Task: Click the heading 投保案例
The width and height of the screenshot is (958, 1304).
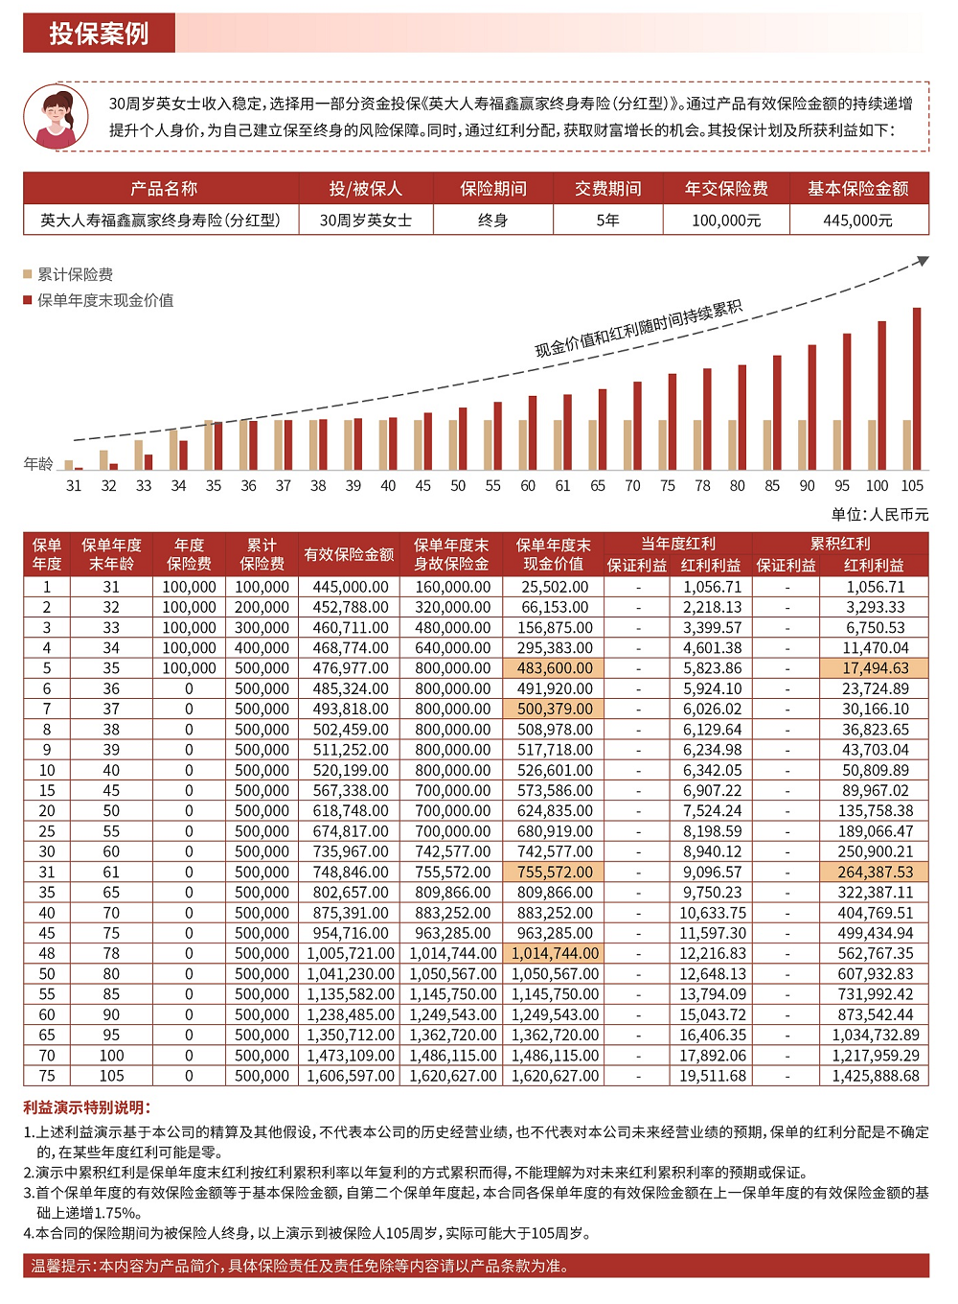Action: tap(99, 34)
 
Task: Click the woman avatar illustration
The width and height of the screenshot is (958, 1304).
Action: tap(56, 116)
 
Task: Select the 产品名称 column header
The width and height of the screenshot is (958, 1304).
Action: tap(163, 189)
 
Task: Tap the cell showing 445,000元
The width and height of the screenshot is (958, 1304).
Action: tap(857, 221)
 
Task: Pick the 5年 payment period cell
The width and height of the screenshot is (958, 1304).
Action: tap(607, 221)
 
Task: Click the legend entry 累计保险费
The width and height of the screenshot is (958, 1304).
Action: tap(75, 274)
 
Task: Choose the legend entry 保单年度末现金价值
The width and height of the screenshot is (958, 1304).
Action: tap(104, 300)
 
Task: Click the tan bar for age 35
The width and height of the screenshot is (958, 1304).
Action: tap(209, 445)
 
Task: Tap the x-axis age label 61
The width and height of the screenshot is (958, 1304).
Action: tap(562, 486)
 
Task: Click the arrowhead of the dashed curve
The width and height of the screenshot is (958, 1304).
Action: tap(923, 260)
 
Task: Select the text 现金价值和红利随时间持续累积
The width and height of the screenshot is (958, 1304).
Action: tap(638, 329)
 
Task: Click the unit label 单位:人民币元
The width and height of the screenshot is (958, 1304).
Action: tap(879, 515)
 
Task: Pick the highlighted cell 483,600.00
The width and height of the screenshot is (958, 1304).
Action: tap(555, 668)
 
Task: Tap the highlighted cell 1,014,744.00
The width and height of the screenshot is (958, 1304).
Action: tap(555, 953)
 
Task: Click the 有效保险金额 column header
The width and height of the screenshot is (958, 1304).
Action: tap(349, 554)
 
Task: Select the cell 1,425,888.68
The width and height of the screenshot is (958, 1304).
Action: tap(875, 1076)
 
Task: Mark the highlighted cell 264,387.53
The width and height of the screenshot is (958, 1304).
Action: tap(875, 872)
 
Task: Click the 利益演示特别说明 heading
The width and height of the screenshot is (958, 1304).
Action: tap(86, 1107)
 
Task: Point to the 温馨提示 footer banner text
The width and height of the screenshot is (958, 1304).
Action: tap(300, 1266)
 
